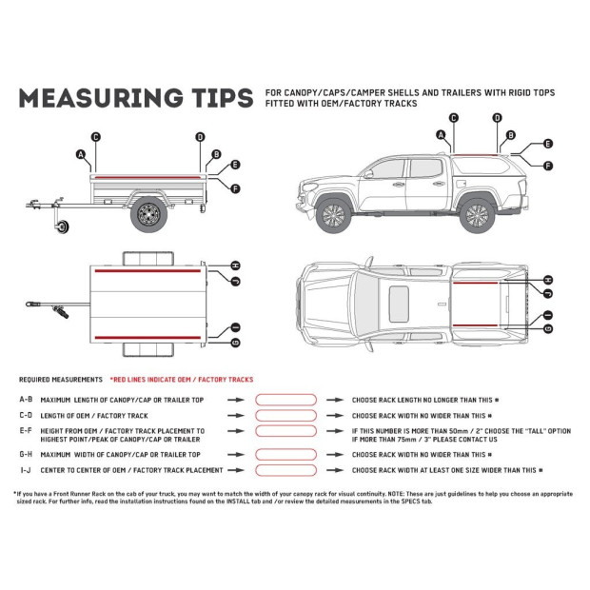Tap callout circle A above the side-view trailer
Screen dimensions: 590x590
(x=81, y=154)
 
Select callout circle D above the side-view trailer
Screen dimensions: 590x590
(x=200, y=137)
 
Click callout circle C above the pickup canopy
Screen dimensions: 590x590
(x=453, y=118)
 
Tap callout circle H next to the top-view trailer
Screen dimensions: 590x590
(x=235, y=265)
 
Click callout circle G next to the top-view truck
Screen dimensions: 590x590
(x=548, y=327)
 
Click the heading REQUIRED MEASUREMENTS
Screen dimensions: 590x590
(x=60, y=379)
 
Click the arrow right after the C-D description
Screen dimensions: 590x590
(x=233, y=416)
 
